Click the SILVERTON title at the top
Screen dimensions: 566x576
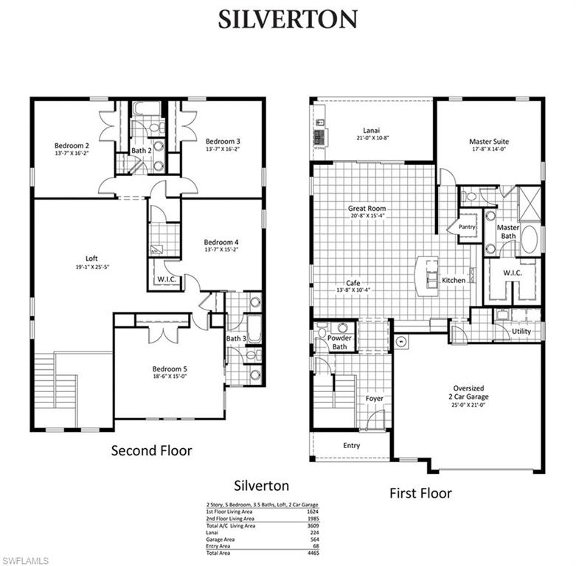pyautogui.click(x=288, y=19)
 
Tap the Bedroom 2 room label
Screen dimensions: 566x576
pyautogui.click(x=72, y=145)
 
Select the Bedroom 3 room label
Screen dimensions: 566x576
pyautogui.click(x=222, y=141)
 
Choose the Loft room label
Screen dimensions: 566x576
pyautogui.click(x=91, y=259)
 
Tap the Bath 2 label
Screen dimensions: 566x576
pyautogui.click(x=141, y=151)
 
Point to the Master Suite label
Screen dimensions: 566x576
pyautogui.click(x=489, y=141)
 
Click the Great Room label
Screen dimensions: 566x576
pyautogui.click(x=367, y=209)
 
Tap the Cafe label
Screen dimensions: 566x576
pyautogui.click(x=353, y=282)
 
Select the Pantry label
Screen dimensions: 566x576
pyautogui.click(x=466, y=228)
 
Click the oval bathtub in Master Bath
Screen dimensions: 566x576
pyautogui.click(x=529, y=240)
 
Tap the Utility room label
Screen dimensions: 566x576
pyautogui.click(x=521, y=332)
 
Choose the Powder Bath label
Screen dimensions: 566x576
pyautogui.click(x=340, y=343)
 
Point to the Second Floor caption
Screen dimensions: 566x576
pyautogui.click(x=151, y=450)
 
